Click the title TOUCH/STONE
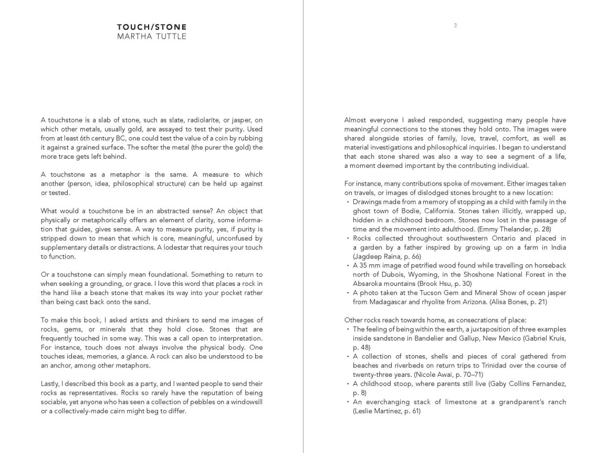[x=152, y=27]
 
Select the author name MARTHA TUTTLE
[x=152, y=36]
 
